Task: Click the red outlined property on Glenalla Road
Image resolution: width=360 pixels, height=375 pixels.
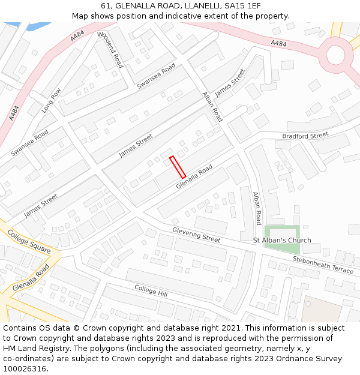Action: pyautogui.click(x=178, y=167)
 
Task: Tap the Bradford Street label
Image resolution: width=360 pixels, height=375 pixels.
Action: pyautogui.click(x=305, y=136)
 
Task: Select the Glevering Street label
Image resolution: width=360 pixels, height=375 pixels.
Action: pyautogui.click(x=196, y=235)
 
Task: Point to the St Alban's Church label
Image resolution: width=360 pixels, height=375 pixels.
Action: pyautogui.click(x=282, y=241)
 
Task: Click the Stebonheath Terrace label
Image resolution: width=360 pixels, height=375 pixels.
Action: pyautogui.click(x=323, y=265)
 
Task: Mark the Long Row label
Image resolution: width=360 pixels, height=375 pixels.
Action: pyautogui.click(x=52, y=101)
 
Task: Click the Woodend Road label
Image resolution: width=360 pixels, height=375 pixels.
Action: pyautogui.click(x=109, y=50)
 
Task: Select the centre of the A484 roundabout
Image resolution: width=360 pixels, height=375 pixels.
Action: pyautogui.click(x=336, y=55)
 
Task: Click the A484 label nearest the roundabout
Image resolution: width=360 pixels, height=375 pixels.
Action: pyautogui.click(x=278, y=43)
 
